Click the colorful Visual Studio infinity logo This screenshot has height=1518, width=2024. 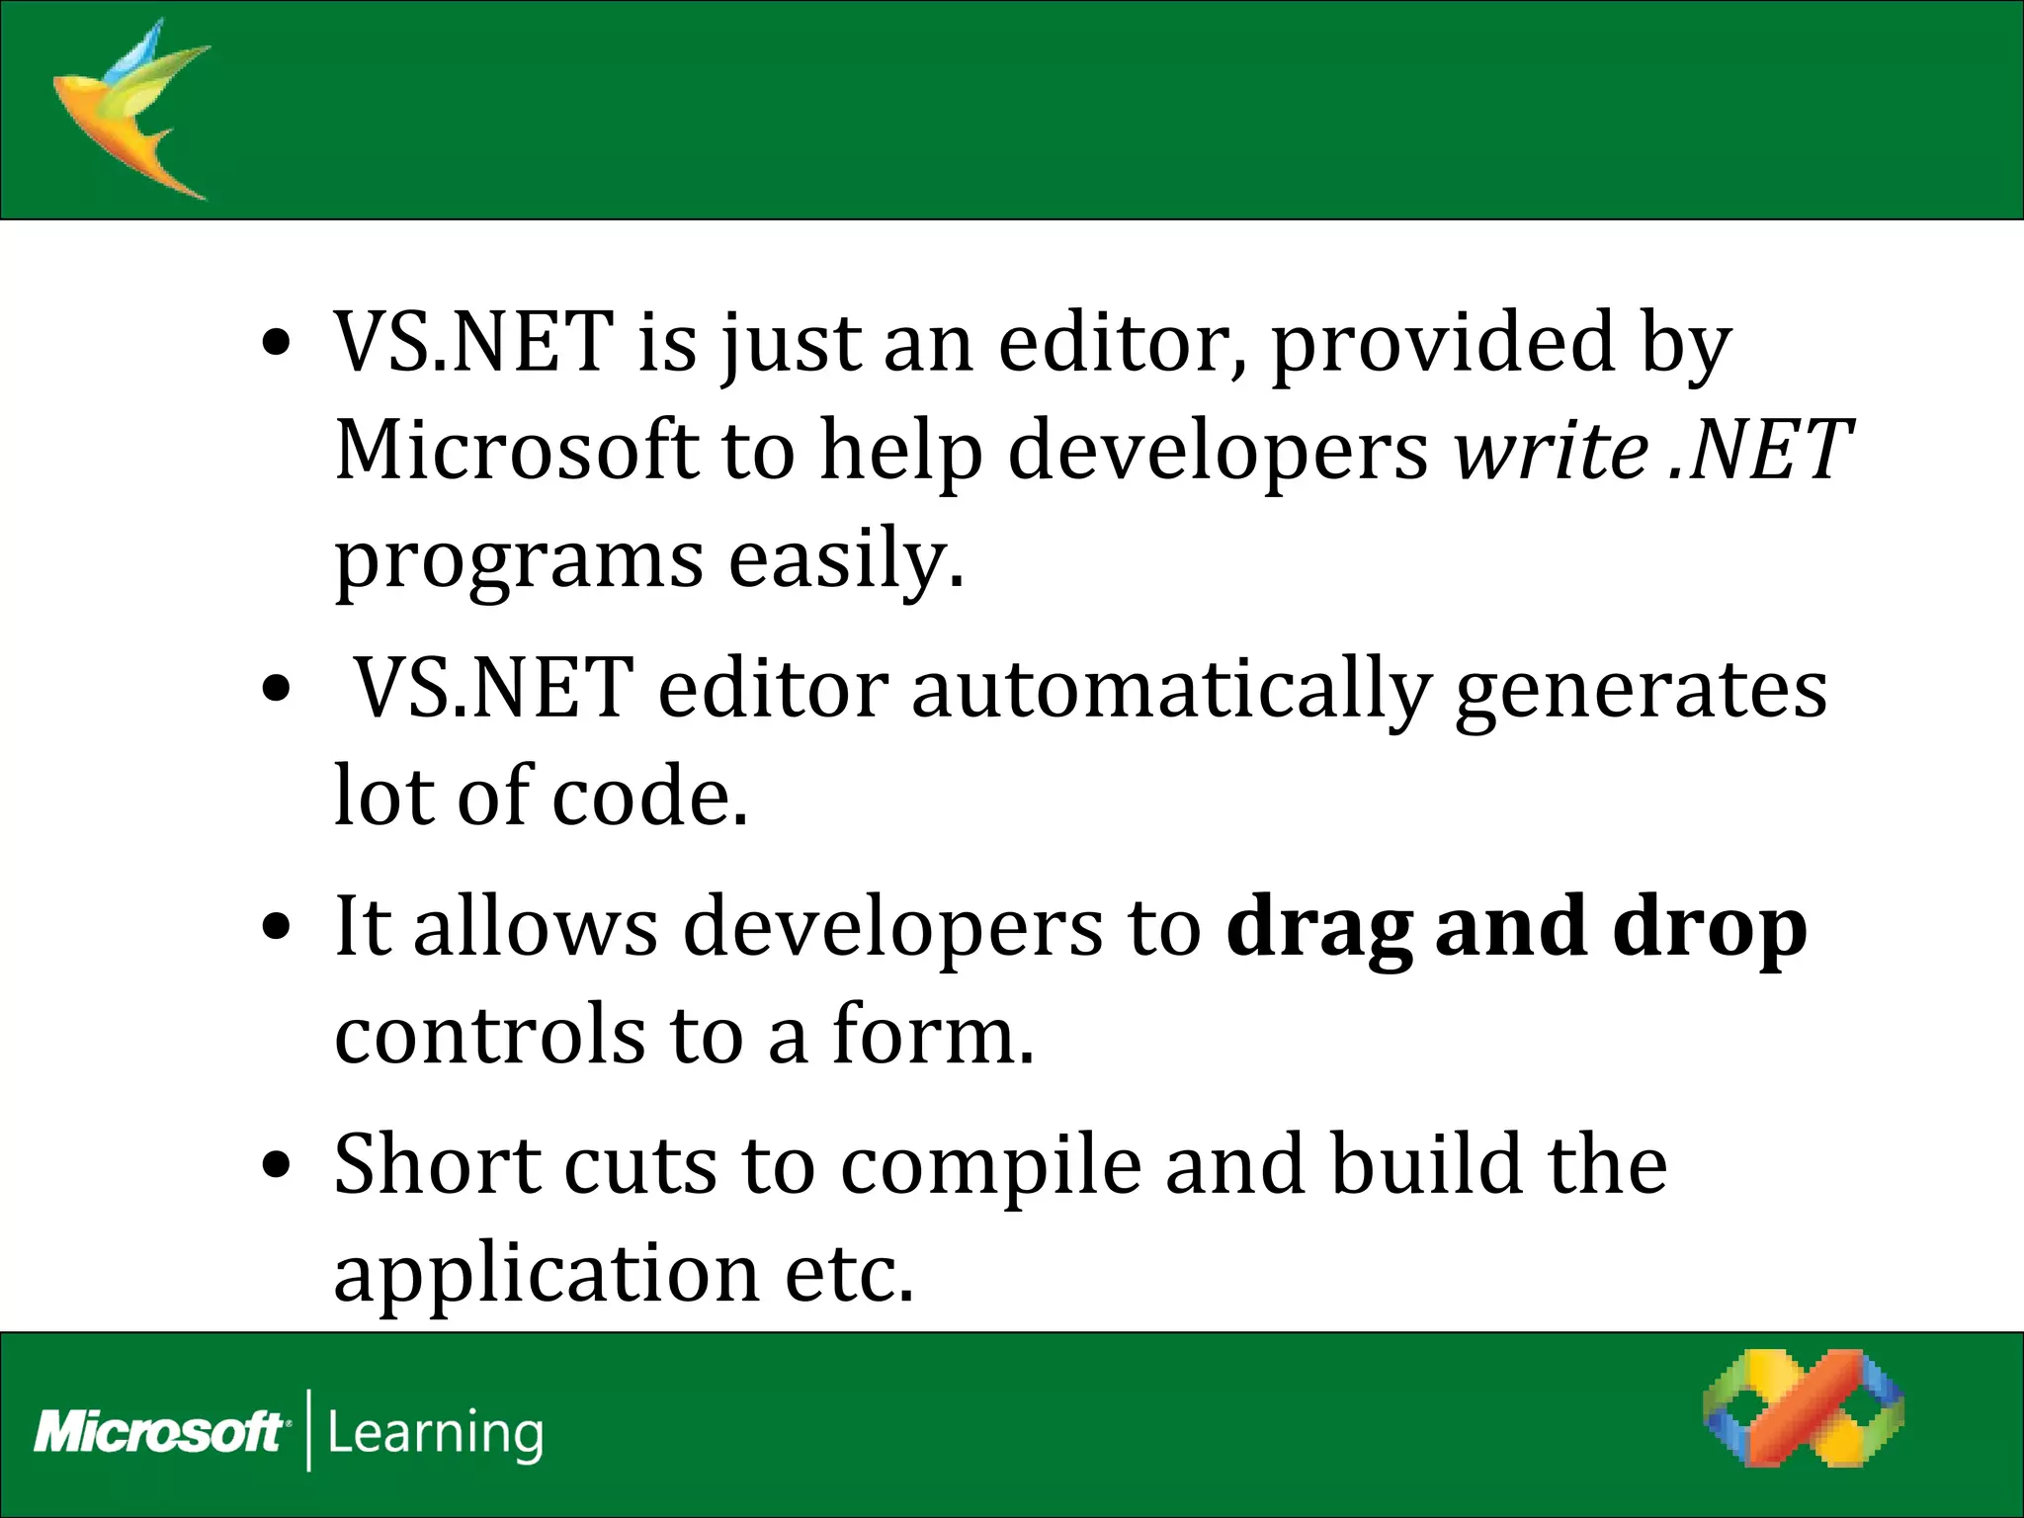click(1803, 1421)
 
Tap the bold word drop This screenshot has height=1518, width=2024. click(1710, 929)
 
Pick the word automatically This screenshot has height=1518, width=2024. click(1170, 690)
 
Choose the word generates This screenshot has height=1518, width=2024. click(1641, 690)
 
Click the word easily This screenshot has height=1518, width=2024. click(845, 559)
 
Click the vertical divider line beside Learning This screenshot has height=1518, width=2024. click(309, 1430)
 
